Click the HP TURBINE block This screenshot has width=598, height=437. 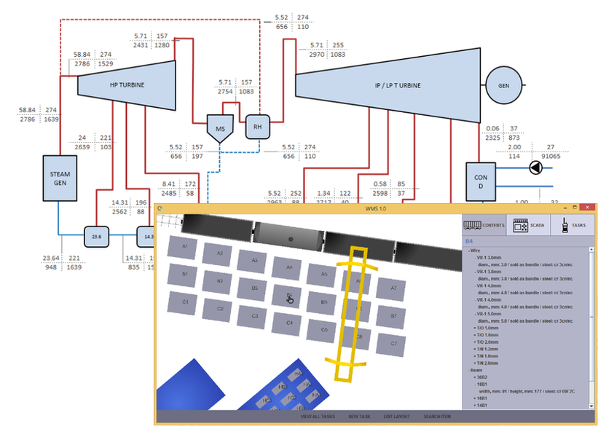127,84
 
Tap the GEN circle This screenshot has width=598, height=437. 503,85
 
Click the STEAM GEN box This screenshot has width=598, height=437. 59,178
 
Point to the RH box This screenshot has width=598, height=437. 257,126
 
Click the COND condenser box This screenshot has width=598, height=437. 480,181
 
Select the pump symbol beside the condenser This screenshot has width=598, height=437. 537,168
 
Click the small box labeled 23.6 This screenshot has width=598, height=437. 95,235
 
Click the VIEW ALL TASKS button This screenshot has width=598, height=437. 318,417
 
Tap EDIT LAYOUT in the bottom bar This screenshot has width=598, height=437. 397,417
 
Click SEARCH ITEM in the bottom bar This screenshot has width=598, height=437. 437,417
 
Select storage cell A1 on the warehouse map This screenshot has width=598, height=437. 185,248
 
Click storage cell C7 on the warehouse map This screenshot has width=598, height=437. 393,342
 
